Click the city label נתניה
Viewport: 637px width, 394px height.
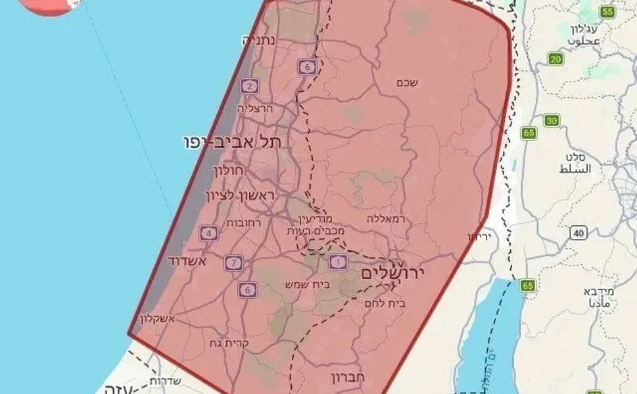coord(258,40)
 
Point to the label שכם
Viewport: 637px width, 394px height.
coord(408,83)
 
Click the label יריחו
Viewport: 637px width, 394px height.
coord(480,235)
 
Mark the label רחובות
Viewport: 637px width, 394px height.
coord(244,223)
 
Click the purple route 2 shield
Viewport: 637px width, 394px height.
coord(249,86)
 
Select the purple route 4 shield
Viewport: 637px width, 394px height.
coord(209,232)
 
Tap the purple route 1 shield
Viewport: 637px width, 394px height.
coord(339,262)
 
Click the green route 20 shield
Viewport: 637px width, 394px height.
coord(556,60)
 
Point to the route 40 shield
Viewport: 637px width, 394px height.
coord(578,233)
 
